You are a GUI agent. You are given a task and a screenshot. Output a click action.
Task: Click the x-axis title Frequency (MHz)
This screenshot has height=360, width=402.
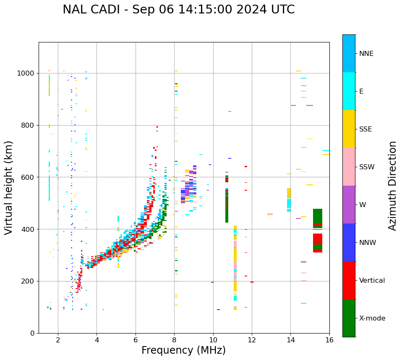click(183, 350)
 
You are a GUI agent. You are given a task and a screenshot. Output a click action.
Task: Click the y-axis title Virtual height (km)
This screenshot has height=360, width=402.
click(9, 188)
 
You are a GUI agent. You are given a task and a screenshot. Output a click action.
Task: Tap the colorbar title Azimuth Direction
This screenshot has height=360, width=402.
click(392, 186)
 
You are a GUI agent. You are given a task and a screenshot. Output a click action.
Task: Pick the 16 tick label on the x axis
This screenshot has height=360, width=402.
click(329, 340)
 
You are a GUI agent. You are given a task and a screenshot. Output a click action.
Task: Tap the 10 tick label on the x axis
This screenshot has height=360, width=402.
click(213, 340)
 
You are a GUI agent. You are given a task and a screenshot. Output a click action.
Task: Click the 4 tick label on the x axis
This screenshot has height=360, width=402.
click(97, 340)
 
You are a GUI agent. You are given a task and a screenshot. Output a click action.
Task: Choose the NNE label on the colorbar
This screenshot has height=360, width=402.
click(366, 54)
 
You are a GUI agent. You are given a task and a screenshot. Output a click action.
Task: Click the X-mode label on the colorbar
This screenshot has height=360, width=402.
click(372, 318)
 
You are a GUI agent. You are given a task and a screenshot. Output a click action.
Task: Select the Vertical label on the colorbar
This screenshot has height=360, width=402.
click(372, 281)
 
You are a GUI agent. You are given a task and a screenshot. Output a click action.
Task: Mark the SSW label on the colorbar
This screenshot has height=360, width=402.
click(367, 167)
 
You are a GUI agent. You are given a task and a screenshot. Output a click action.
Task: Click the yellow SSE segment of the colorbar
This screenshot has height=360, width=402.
click(349, 129)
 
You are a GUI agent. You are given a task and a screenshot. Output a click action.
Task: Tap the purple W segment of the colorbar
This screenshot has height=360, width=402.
click(349, 205)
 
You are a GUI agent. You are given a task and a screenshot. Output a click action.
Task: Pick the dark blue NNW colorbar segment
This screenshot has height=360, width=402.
click(349, 242)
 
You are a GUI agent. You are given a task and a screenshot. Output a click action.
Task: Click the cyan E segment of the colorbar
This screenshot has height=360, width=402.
click(349, 91)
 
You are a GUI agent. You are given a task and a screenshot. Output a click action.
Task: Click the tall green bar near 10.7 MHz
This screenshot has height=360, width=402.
click(227, 206)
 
